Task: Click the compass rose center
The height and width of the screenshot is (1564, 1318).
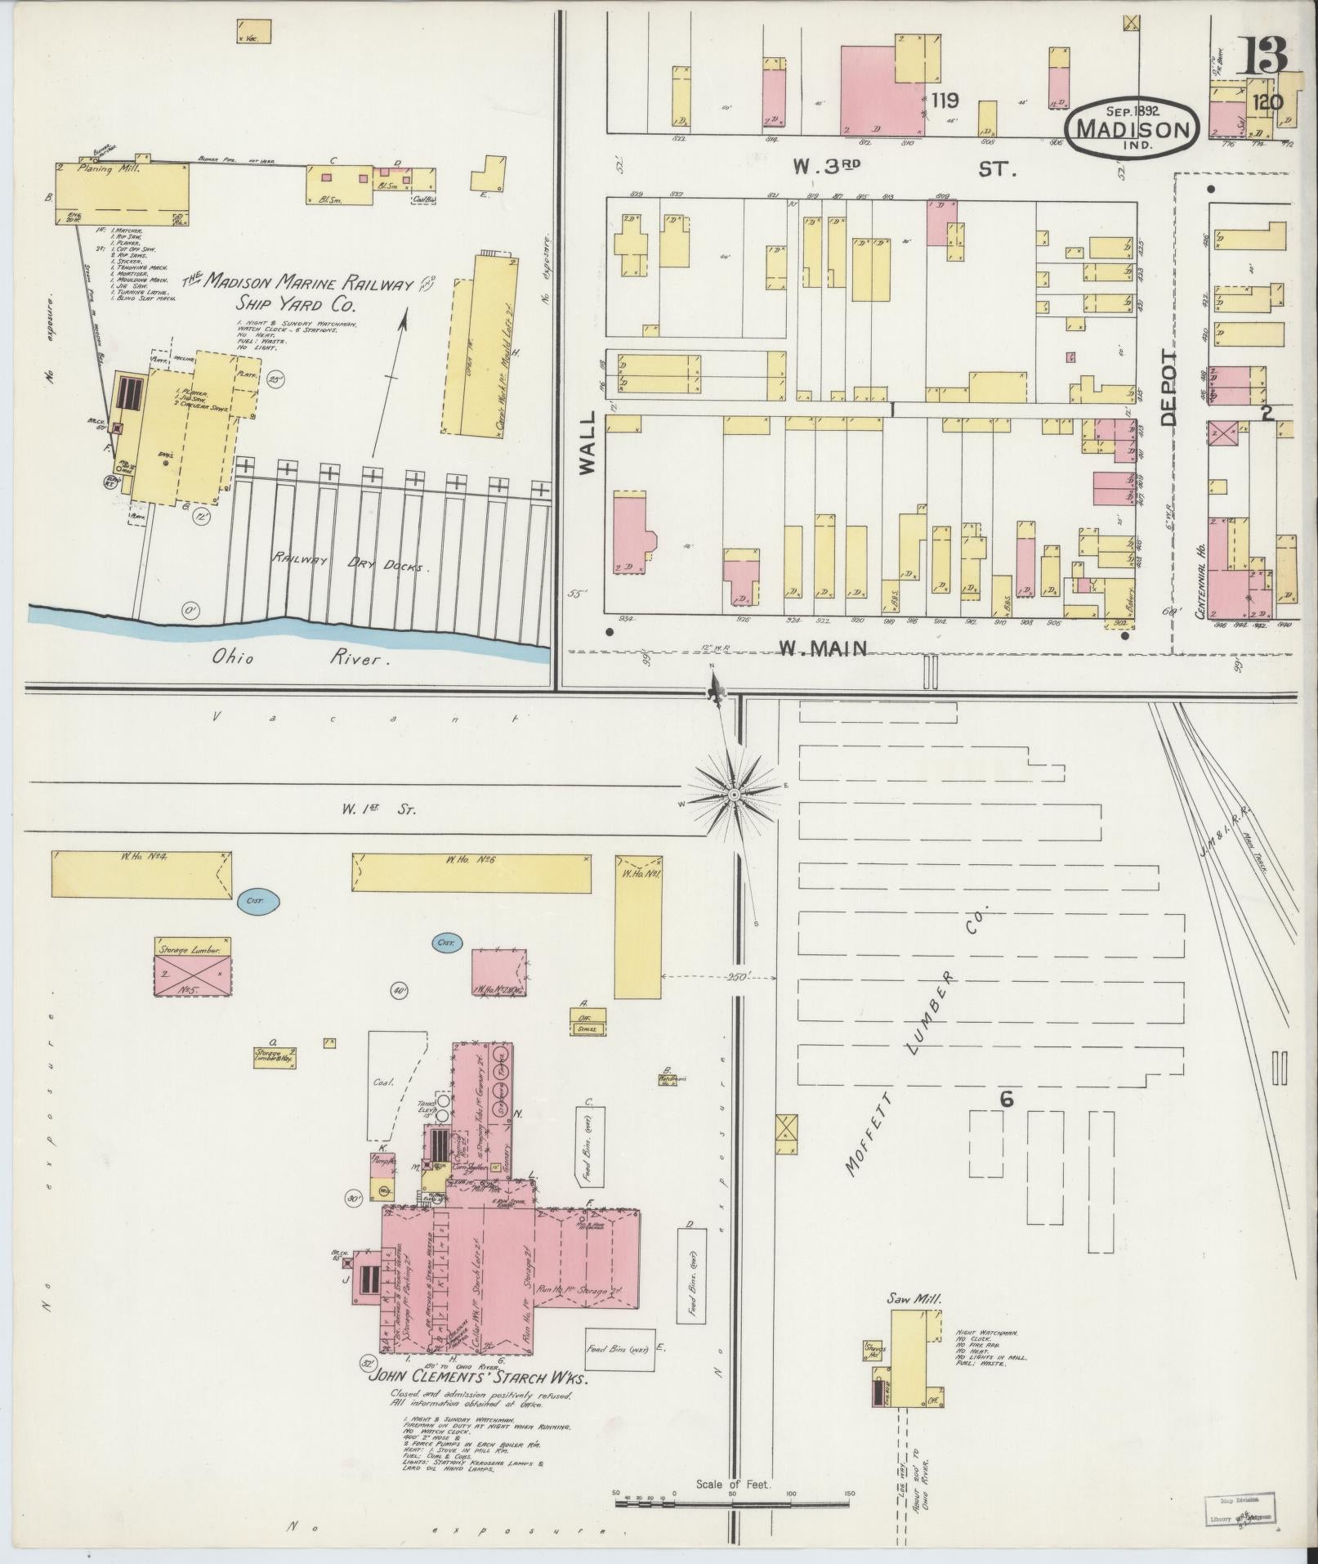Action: (734, 794)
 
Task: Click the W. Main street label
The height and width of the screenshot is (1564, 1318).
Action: (822, 648)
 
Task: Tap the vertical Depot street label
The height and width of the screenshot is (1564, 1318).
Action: (1170, 388)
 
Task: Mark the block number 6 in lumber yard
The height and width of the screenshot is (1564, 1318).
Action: (1006, 1100)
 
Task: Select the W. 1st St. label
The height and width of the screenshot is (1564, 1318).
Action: (378, 810)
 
